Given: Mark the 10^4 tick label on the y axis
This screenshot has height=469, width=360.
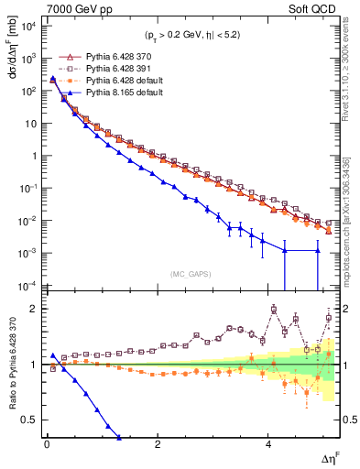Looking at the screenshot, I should tap(29, 26).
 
